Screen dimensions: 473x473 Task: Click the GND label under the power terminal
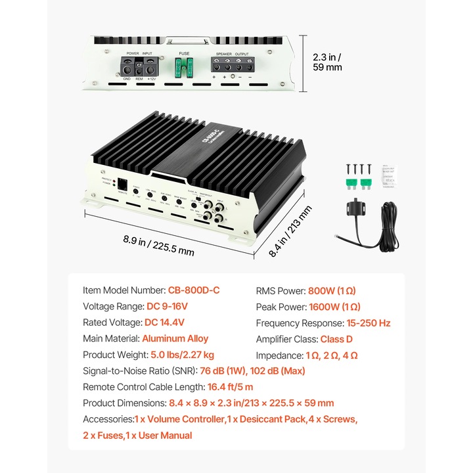(x=125, y=79)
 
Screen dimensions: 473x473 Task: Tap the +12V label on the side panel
(x=152, y=79)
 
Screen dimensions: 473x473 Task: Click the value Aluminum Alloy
(x=175, y=339)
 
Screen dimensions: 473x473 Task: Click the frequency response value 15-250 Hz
(x=369, y=323)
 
